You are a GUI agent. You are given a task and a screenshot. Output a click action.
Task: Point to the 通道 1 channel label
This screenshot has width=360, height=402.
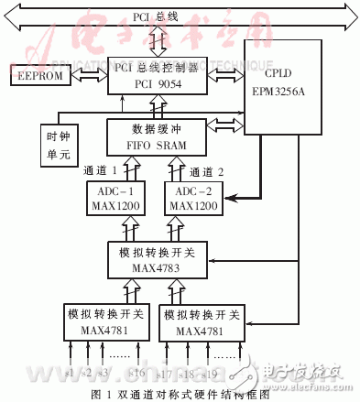tap(100, 170)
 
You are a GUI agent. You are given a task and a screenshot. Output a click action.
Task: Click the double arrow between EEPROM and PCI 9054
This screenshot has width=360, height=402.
tap(93, 78)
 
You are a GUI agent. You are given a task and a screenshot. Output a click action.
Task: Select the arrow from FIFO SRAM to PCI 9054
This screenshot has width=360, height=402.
tap(157, 105)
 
